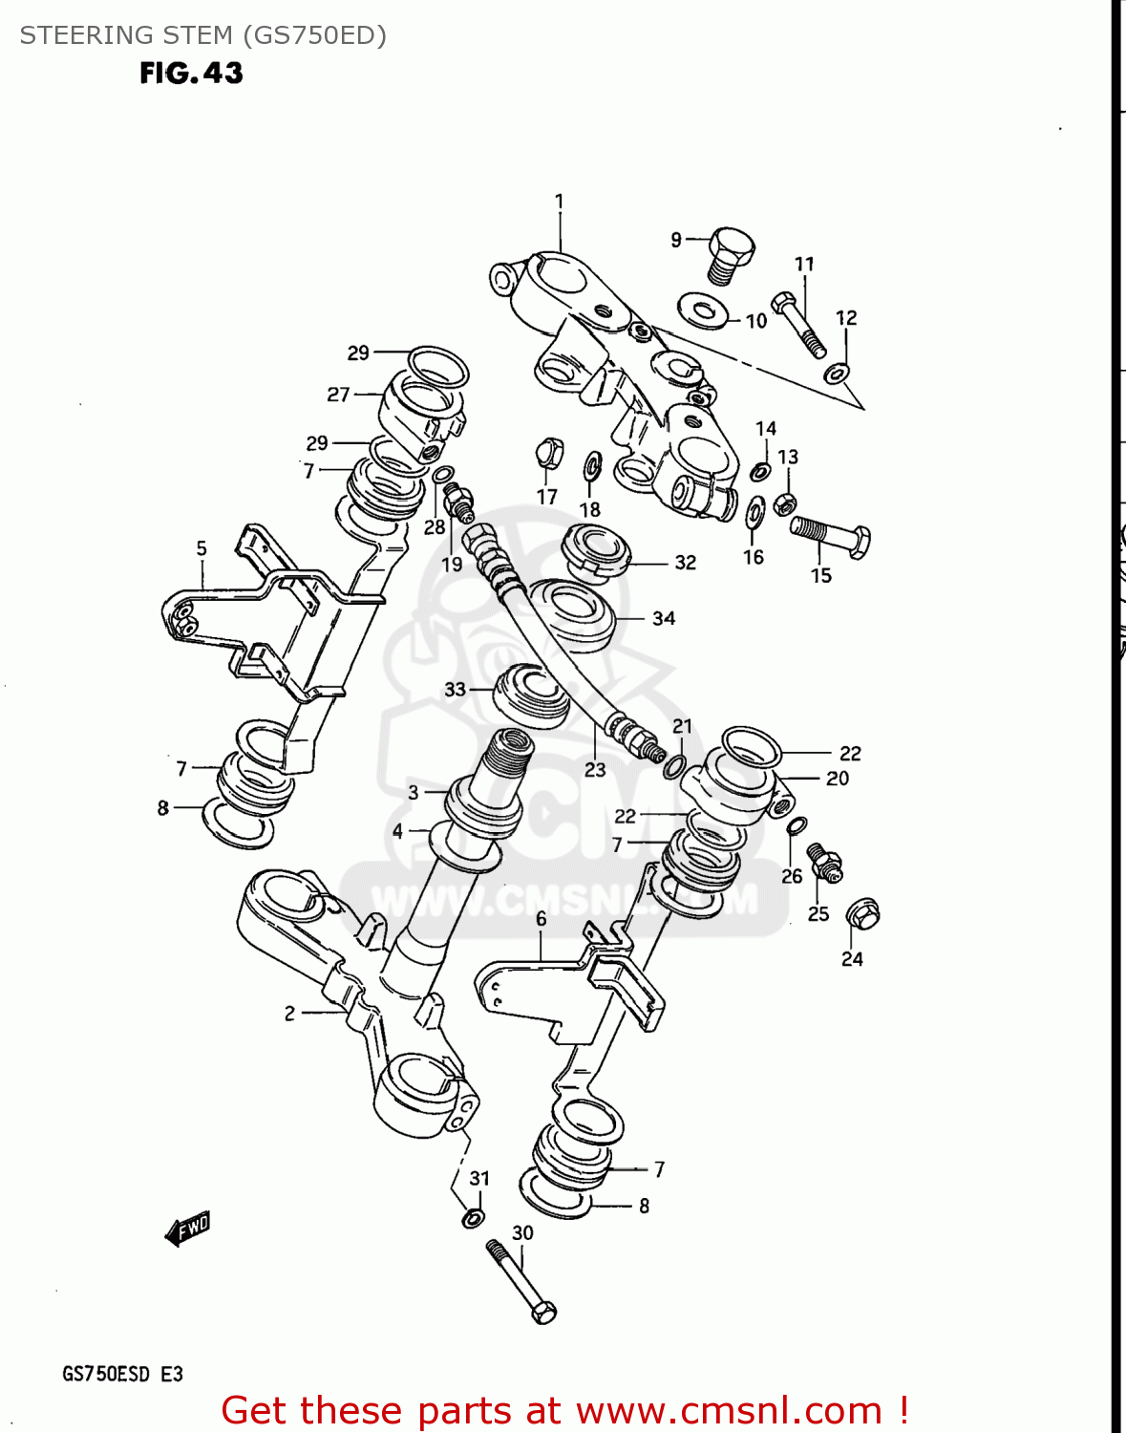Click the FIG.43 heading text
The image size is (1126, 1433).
click(x=191, y=73)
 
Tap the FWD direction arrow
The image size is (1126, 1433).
click(x=188, y=1229)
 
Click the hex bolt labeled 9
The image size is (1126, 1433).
click(x=731, y=253)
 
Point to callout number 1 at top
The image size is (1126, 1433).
click(x=559, y=202)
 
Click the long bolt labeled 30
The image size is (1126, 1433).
click(x=521, y=1281)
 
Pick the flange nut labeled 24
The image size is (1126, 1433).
click(x=863, y=914)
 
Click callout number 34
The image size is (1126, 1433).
click(x=664, y=619)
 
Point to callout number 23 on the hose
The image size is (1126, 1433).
click(x=595, y=770)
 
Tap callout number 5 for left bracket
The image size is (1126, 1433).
click(x=202, y=548)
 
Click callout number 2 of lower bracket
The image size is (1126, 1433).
click(x=289, y=1014)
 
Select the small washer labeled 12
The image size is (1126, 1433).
click(x=837, y=372)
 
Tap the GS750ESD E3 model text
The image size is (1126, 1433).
click(x=122, y=1375)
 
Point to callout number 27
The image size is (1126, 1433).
click(x=338, y=394)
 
